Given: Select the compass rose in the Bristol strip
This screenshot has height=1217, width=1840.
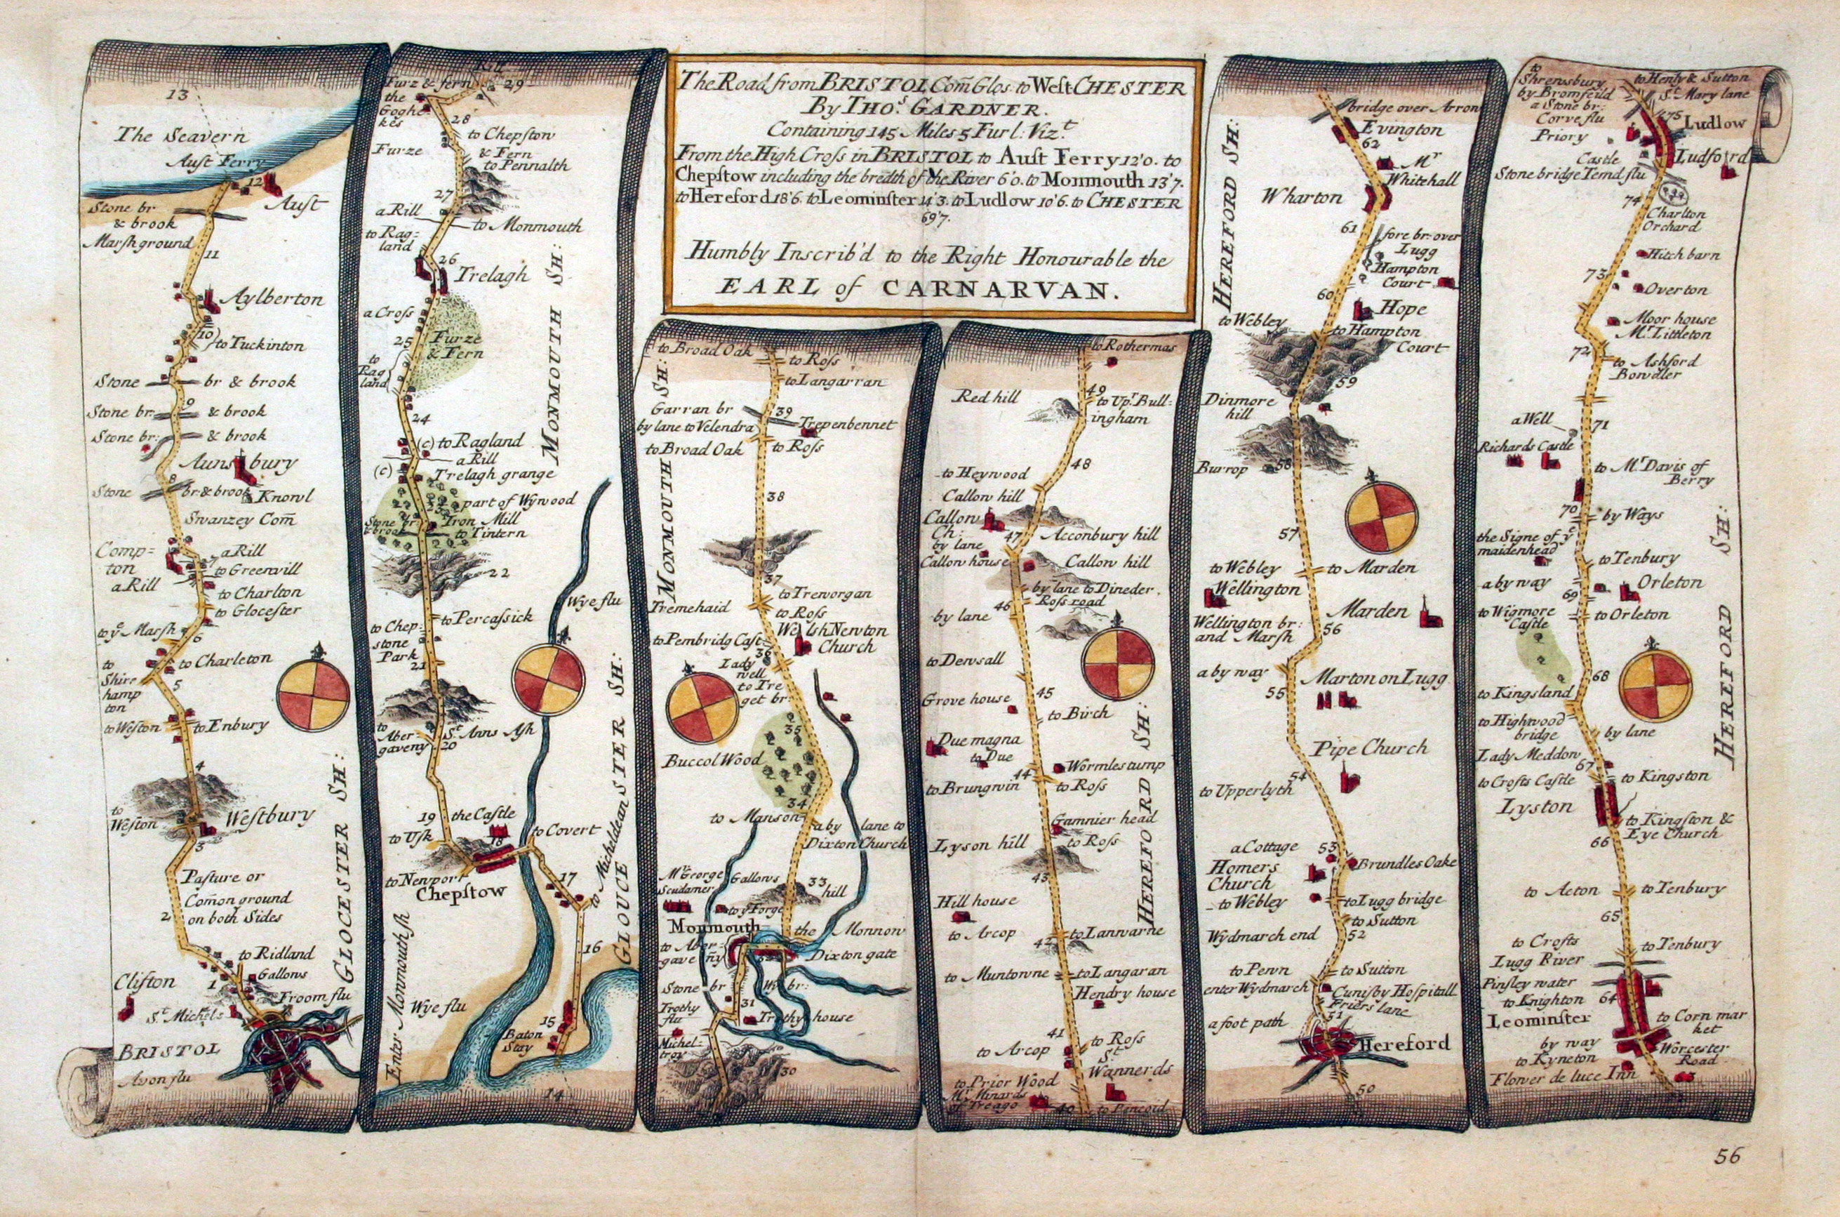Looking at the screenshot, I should click(x=314, y=696).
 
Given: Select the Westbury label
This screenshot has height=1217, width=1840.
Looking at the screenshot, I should click(x=270, y=815).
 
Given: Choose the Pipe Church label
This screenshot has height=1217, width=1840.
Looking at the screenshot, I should click(x=1370, y=747).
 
